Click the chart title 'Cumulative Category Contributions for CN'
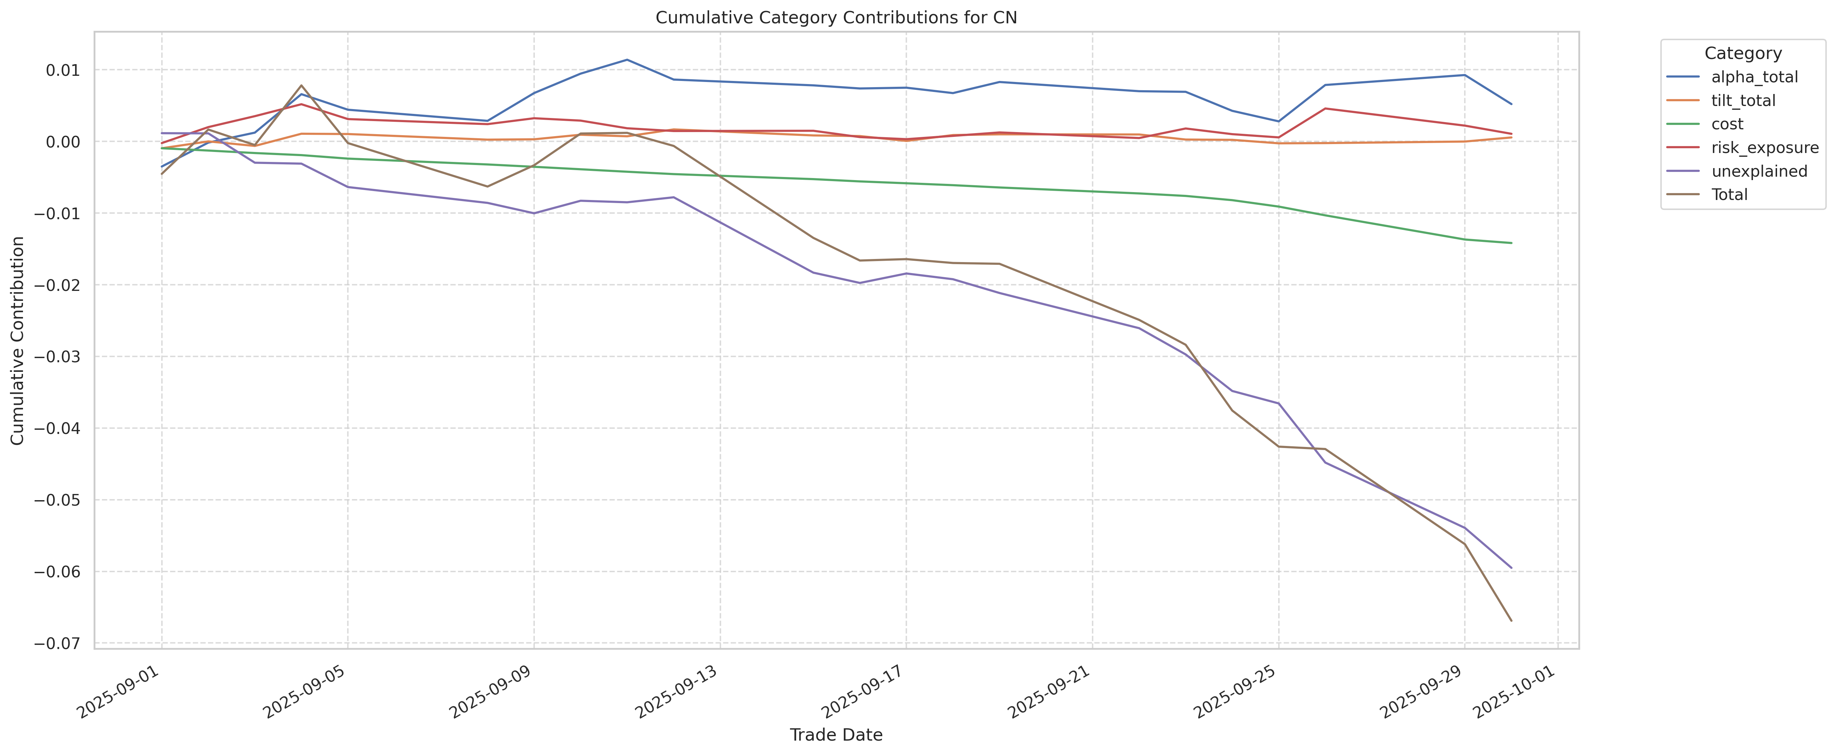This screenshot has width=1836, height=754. click(836, 18)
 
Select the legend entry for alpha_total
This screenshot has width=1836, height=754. click(1754, 77)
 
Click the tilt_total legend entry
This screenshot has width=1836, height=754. click(1743, 101)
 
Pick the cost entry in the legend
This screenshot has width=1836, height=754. click(1727, 124)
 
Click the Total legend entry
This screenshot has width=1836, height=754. click(1729, 195)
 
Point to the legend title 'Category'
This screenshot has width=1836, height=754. click(1743, 54)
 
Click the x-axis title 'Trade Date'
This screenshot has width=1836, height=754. click(836, 735)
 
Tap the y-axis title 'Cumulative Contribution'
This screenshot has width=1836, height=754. click(18, 341)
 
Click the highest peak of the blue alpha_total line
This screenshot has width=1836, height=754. click(626, 59)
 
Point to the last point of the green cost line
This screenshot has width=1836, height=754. click(1511, 243)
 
